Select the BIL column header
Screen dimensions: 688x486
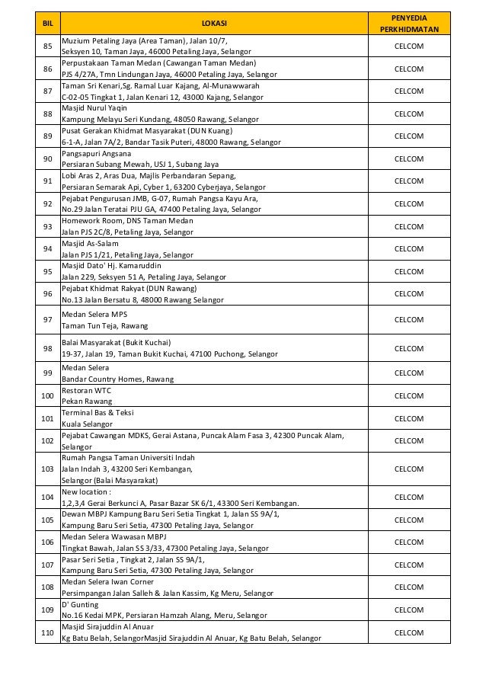47,24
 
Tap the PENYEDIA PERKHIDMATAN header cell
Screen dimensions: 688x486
409,24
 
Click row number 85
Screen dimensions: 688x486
47,46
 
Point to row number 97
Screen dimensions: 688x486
47,320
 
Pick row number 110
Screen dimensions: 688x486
47,632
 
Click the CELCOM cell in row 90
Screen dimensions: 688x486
409,158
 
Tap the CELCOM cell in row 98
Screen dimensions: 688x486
409,348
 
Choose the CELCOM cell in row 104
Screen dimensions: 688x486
409,497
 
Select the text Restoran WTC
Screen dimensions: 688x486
86,390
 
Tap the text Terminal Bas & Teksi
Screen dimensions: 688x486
98,412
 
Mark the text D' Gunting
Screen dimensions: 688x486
81,603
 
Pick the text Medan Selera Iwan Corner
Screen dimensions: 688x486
108,581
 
